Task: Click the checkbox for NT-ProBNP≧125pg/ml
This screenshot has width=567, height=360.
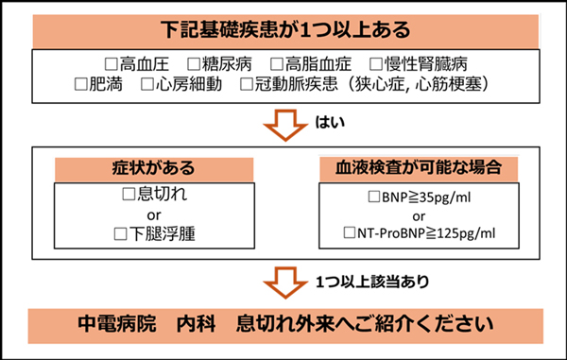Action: pyautogui.click(x=352, y=232)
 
